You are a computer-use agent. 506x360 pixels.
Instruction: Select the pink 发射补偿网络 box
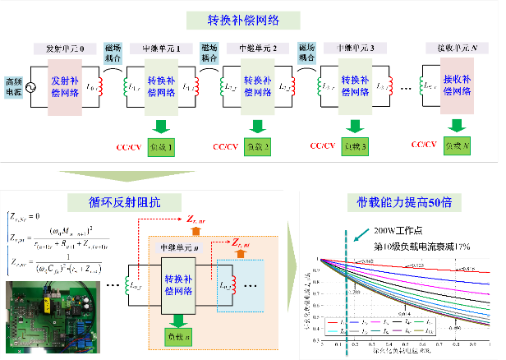click(x=65, y=86)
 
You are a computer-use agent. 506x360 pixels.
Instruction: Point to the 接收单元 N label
click(x=452, y=47)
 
